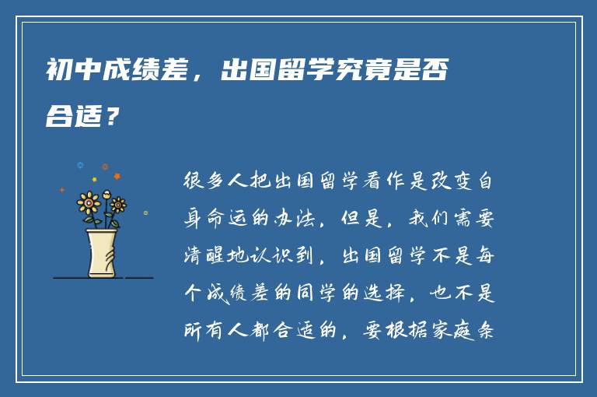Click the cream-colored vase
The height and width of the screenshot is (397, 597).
click(102, 253)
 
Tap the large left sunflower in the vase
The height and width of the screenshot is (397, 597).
click(89, 203)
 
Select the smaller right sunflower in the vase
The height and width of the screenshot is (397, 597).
click(118, 205)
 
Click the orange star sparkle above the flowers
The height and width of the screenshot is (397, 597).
click(105, 167)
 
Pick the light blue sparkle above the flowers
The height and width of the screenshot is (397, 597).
click(79, 164)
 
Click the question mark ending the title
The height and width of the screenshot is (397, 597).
click(113, 118)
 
